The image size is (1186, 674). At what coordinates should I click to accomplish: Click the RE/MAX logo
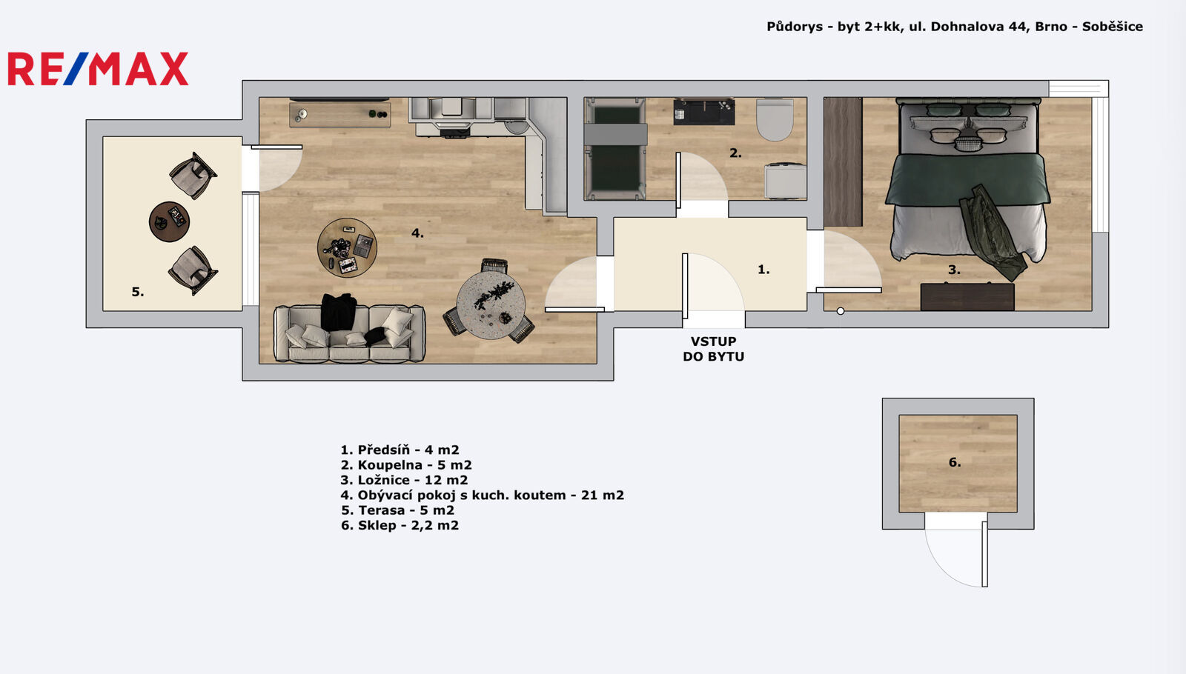(x=98, y=69)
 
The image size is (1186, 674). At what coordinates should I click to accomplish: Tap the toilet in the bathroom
(x=775, y=119)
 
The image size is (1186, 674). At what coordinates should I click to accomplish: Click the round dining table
(x=491, y=305)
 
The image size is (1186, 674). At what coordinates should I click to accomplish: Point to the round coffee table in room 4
(x=348, y=247)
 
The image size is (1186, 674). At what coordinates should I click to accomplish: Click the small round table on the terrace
(x=170, y=221)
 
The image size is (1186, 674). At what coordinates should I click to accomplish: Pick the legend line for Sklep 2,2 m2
(x=400, y=525)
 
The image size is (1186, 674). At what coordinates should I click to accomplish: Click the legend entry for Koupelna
(x=406, y=465)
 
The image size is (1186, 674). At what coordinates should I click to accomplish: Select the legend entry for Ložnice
(x=404, y=480)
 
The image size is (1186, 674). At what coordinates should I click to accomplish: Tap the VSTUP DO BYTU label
(x=713, y=349)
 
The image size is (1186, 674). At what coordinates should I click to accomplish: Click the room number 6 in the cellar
(x=955, y=462)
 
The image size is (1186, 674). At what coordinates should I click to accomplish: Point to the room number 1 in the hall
(x=763, y=270)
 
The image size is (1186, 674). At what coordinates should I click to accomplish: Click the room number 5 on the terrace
(x=138, y=292)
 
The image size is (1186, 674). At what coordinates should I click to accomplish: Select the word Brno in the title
(x=1051, y=27)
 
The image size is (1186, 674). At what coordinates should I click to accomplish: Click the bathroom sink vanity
(x=703, y=112)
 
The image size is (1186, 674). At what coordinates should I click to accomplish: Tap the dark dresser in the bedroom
(x=967, y=297)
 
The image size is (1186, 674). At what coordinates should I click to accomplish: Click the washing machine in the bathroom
(x=786, y=181)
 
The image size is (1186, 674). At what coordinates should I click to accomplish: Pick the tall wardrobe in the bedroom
(x=843, y=162)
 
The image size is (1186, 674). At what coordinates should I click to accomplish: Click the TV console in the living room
(x=340, y=115)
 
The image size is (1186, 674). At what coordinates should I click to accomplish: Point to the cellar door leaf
(x=985, y=554)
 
